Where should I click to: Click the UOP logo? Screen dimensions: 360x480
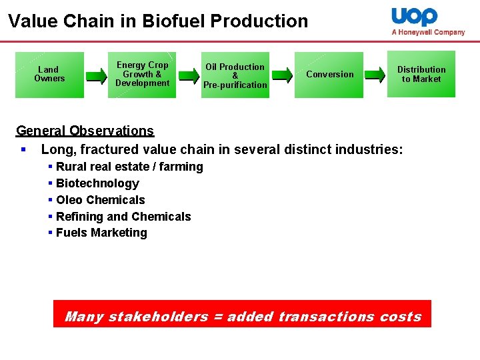coord(414,17)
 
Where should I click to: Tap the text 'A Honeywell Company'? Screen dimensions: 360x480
coord(428,32)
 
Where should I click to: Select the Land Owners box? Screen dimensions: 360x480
coord(49,75)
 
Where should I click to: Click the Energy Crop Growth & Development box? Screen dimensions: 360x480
coord(142,75)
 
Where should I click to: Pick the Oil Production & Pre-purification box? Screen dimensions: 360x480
coord(235,75)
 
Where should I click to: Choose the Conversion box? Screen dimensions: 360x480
coord(329,75)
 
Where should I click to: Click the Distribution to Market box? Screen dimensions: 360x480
coord(421,74)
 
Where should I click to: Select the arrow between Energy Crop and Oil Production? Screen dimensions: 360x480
coord(189,75)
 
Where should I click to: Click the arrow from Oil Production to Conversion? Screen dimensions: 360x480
coord(282,75)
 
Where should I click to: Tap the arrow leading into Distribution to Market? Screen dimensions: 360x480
coord(375,75)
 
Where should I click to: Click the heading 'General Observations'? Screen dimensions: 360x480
coord(85,131)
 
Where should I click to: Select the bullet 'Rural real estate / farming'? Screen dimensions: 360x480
coord(129,167)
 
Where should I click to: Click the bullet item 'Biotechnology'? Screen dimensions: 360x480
coord(97,183)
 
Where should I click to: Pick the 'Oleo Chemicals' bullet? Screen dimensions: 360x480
coord(100,200)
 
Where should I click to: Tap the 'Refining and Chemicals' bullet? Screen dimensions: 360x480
coord(123,217)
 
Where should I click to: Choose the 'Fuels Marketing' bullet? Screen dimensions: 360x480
coord(101,233)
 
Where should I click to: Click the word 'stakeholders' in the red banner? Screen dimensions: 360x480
coord(157,317)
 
